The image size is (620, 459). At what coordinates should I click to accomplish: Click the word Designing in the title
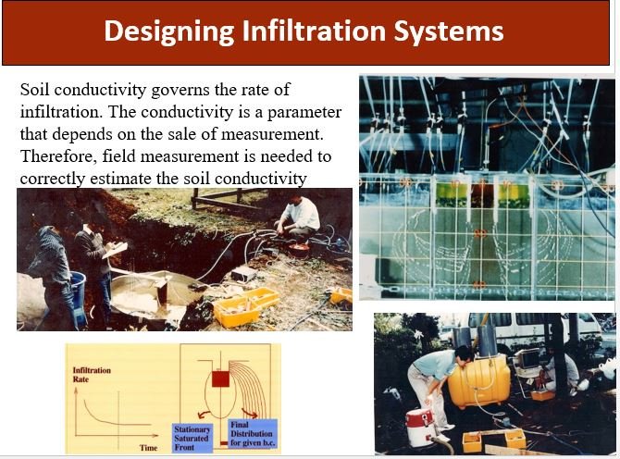[x=168, y=31]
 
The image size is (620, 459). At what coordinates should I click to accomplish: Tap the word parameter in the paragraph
[x=304, y=112]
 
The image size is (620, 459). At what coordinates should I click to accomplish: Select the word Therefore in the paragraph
[x=58, y=156]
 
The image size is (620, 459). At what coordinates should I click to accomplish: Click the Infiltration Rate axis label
[x=92, y=375]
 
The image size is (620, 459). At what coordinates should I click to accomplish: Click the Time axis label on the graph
[x=149, y=448]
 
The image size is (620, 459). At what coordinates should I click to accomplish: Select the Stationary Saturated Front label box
[x=192, y=438]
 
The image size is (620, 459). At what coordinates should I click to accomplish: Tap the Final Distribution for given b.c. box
[x=252, y=434]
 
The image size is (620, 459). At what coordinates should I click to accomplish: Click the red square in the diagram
[x=220, y=378]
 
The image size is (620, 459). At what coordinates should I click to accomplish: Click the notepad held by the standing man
[x=115, y=250]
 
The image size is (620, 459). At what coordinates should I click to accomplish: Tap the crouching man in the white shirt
[x=298, y=218]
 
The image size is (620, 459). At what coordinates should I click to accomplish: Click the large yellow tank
[x=479, y=380]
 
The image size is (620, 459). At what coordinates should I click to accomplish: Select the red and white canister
[x=420, y=428]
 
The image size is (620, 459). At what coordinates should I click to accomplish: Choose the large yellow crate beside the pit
[x=246, y=307]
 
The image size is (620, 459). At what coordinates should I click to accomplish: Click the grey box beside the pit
[x=244, y=274]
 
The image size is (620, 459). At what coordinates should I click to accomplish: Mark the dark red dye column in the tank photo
[x=482, y=195]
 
